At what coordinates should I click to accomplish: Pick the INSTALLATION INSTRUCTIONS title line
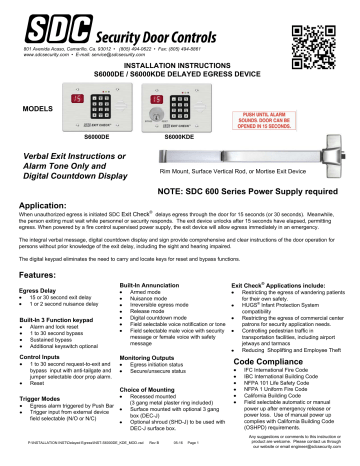(x=180, y=65)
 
